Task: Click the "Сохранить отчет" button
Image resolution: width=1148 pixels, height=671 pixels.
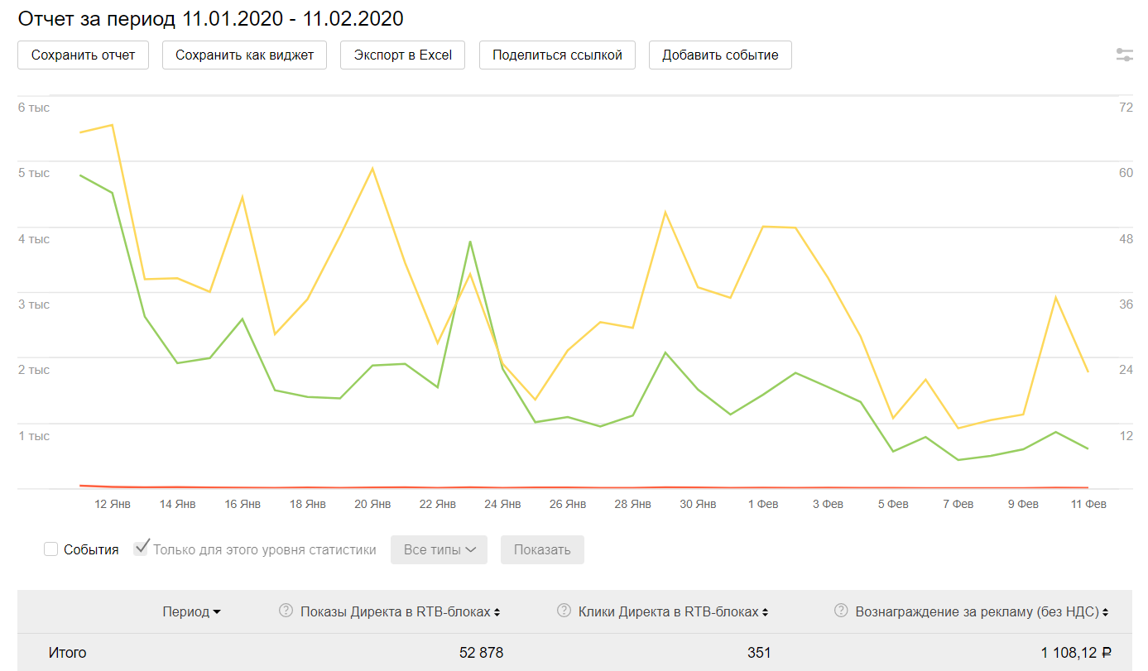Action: pyautogui.click(x=83, y=55)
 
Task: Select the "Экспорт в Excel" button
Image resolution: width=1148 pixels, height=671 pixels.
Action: pyautogui.click(x=402, y=55)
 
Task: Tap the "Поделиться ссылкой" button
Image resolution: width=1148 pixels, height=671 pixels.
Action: pyautogui.click(x=556, y=55)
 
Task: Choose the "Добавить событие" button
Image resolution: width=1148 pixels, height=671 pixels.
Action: pyautogui.click(x=720, y=55)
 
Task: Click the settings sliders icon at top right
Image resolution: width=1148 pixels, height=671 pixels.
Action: pyautogui.click(x=1124, y=55)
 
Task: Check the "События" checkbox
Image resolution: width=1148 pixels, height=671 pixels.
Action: pyautogui.click(x=51, y=549)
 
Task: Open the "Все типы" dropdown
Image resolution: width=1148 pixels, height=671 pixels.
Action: pyautogui.click(x=439, y=550)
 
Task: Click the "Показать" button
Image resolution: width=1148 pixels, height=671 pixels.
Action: pyautogui.click(x=542, y=550)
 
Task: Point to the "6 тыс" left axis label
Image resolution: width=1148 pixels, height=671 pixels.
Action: pyautogui.click(x=34, y=108)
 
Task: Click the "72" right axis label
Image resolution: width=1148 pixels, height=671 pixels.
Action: pyautogui.click(x=1126, y=108)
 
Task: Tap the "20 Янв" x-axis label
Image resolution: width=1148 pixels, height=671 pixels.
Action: pyautogui.click(x=372, y=504)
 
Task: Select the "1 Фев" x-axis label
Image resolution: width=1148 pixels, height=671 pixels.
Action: pyautogui.click(x=762, y=504)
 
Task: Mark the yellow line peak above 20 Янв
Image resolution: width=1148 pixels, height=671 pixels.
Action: pyautogui.click(x=372, y=169)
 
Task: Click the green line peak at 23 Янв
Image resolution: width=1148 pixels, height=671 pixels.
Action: pyautogui.click(x=470, y=242)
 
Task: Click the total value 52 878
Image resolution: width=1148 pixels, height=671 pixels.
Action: pyautogui.click(x=481, y=653)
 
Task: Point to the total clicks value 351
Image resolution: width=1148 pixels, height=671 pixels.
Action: pyautogui.click(x=758, y=653)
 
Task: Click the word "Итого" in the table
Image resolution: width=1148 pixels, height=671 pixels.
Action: pyautogui.click(x=67, y=653)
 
